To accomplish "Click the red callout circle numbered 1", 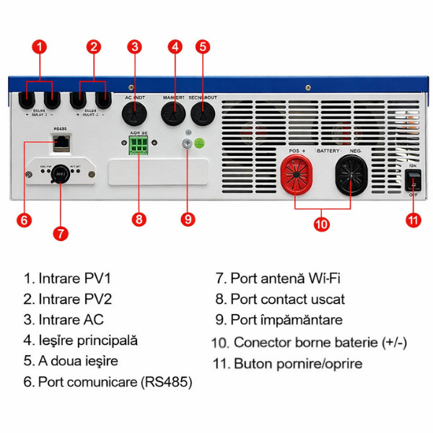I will click(40, 47).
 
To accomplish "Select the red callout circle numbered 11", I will click(413, 220).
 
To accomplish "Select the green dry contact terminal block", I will click(139, 146).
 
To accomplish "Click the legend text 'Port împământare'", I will click(278, 320).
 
